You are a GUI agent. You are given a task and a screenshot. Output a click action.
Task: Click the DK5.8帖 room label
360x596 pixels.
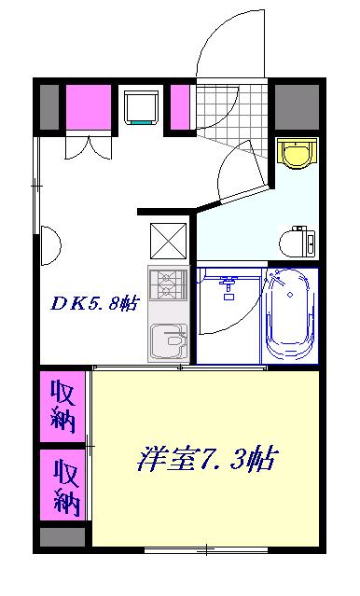pos(94,302)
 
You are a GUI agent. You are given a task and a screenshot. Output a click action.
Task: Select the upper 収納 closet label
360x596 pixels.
pos(63,403)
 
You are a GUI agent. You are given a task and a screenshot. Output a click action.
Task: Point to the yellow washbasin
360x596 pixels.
pos(297,155)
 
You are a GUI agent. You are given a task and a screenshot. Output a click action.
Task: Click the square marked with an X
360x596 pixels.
pos(168,243)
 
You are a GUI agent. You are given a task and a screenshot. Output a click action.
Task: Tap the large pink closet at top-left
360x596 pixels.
pos(88,108)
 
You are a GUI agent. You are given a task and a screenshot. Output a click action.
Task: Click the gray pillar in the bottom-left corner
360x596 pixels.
pos(62,536)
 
